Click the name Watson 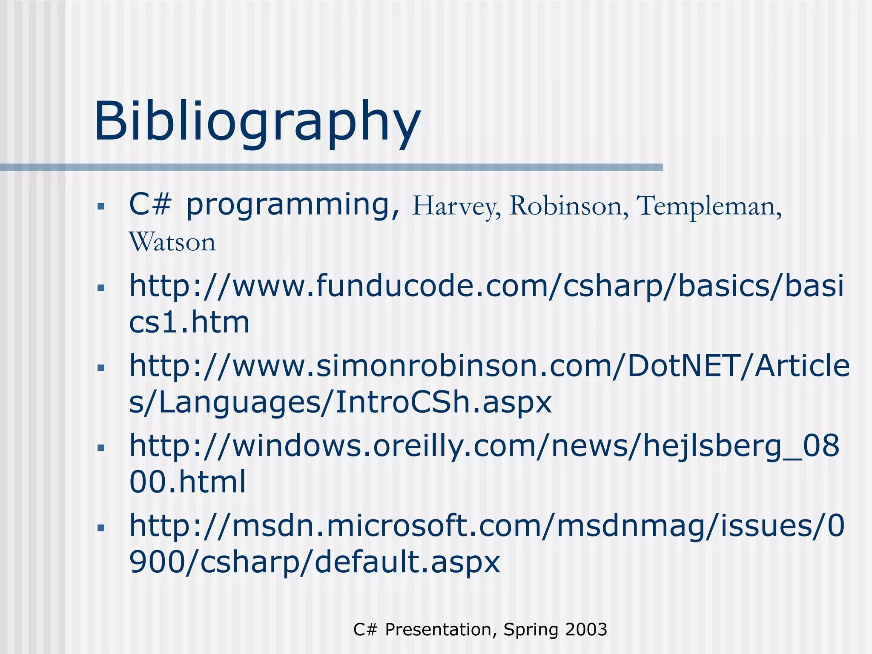point(172,242)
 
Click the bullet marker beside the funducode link point(101,288)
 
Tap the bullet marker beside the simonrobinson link point(101,368)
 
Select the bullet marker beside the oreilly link point(101,448)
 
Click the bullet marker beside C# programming point(101,207)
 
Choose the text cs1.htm point(189,322)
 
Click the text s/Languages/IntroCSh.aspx point(340,402)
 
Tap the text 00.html point(188,482)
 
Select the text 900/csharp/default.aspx point(314,562)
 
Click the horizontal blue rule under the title point(331,167)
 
